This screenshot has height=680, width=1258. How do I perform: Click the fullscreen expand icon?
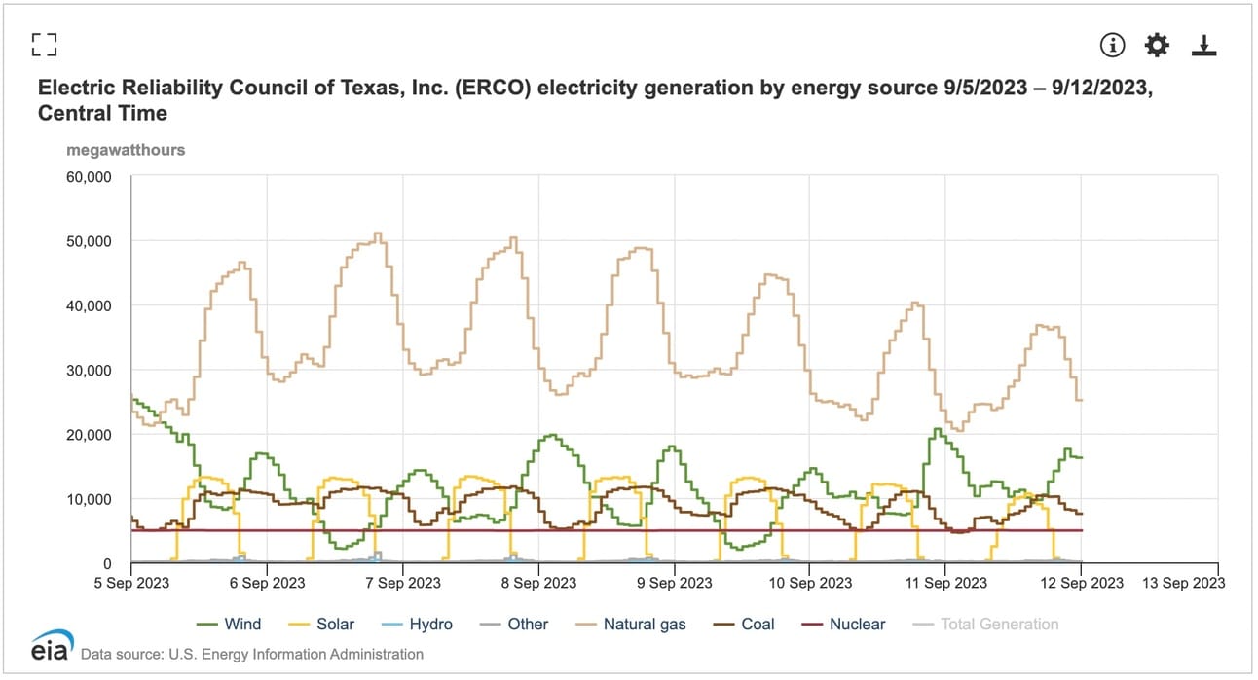point(44,44)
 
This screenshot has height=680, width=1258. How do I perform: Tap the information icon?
point(1112,45)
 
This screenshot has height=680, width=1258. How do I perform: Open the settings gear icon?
point(1157,45)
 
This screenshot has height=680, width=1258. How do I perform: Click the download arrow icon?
point(1204,45)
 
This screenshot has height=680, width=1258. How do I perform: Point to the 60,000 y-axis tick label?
point(90,177)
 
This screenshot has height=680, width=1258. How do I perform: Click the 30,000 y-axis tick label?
point(90,371)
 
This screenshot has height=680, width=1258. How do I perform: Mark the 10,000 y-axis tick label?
point(90,499)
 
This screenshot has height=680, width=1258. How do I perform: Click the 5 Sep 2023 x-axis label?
point(131,583)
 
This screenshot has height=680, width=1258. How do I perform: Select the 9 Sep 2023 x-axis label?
point(675,583)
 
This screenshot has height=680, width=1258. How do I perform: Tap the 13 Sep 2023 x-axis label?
point(1182,583)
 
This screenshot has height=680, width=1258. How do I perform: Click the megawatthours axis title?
point(126,150)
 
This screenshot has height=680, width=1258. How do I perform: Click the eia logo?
point(49,648)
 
